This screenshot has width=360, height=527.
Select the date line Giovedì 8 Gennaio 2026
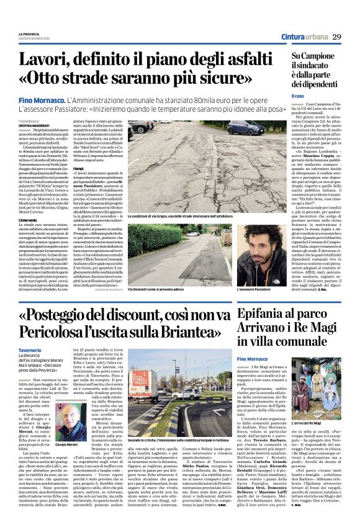coord(35,38)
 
